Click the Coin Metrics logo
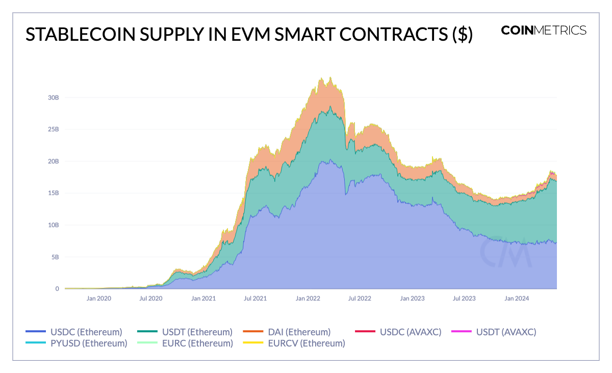point(544,30)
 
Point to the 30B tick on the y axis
point(53,97)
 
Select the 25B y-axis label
point(53,129)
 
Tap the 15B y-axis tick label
point(53,193)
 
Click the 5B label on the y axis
point(55,257)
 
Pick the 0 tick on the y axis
point(57,289)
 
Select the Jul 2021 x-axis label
point(256,298)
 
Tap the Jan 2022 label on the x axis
point(308,298)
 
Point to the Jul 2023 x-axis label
point(465,298)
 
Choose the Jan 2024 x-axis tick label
point(517,298)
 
